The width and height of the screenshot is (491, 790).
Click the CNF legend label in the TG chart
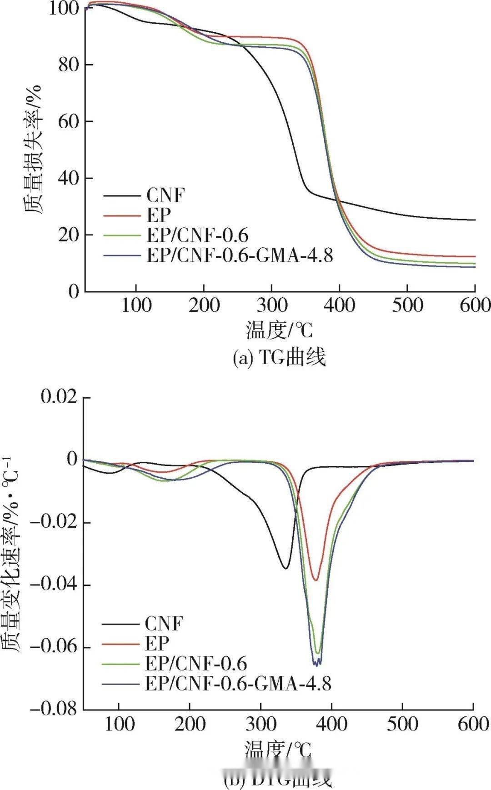[x=165, y=195]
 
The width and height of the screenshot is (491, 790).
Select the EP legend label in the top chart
[x=158, y=215]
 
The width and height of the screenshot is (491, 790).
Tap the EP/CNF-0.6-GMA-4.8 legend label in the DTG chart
[x=238, y=683]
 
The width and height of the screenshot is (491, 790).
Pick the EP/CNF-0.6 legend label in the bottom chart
[x=195, y=664]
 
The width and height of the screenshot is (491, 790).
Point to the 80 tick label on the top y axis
[x=69, y=65]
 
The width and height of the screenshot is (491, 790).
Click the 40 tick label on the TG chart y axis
[x=69, y=178]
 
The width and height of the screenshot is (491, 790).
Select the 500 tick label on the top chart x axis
[x=407, y=305]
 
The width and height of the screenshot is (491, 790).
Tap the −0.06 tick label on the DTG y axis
[x=53, y=647]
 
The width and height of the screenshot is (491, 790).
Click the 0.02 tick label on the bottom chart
[x=60, y=396]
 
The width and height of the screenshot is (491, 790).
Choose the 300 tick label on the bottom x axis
[x=261, y=724]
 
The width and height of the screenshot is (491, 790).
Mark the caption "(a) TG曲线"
[x=279, y=358]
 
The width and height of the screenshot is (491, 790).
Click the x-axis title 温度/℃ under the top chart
[x=279, y=330]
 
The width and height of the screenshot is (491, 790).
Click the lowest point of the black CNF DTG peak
[x=286, y=568]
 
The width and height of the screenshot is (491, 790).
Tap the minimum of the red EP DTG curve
[x=316, y=580]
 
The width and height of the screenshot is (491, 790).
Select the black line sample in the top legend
[x=121, y=196]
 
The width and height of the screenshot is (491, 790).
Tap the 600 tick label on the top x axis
[x=474, y=305]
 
